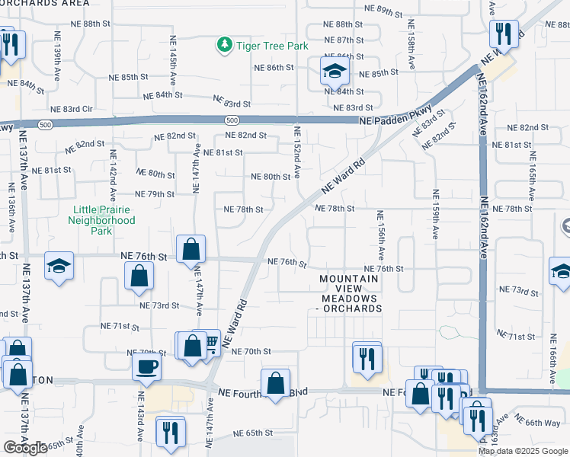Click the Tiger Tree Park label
pos(271,46)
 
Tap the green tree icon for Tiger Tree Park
pos(224,46)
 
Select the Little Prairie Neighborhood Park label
pos(104,215)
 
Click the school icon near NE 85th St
pos(334,72)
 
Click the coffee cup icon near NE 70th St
pos(146,366)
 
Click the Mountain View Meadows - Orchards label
pos(349,293)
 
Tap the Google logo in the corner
pos(25,448)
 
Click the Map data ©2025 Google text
pos(523,451)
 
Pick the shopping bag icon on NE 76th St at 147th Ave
pos(191,248)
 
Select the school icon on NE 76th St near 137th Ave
pos(59,266)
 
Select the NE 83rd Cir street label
pos(71,110)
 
